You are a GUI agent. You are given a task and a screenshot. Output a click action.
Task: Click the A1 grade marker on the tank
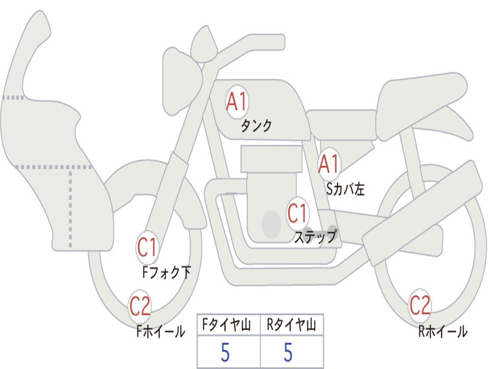[x=237, y=102]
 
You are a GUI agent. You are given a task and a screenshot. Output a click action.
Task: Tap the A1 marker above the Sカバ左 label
[x=329, y=164]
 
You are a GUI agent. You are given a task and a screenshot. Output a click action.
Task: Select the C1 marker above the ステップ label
[x=297, y=213]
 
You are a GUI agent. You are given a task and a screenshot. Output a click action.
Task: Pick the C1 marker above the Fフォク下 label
[x=147, y=247]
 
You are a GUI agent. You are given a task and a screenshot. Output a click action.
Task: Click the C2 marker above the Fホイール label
[x=140, y=306]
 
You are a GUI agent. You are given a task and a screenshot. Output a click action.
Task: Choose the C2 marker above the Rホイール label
[x=420, y=305]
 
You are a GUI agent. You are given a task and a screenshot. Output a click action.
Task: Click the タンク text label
[x=256, y=125]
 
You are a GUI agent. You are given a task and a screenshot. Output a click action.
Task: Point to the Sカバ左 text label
[x=345, y=189]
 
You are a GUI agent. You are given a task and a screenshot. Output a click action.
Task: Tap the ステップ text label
[x=315, y=236]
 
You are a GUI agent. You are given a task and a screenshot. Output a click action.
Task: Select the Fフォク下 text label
[x=166, y=272]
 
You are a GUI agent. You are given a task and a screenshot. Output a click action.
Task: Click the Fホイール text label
[x=160, y=332]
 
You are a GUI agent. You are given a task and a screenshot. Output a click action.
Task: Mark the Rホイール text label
[x=443, y=332]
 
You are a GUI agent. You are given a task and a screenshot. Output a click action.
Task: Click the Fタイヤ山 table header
[x=227, y=325]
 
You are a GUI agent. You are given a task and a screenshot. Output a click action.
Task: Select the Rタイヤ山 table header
[x=292, y=325]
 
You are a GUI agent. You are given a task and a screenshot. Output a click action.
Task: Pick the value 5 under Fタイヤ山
[x=225, y=352]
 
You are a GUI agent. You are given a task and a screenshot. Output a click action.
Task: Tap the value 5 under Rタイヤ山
[x=288, y=352]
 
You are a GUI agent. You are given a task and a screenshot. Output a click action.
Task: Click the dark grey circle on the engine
[x=271, y=224]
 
